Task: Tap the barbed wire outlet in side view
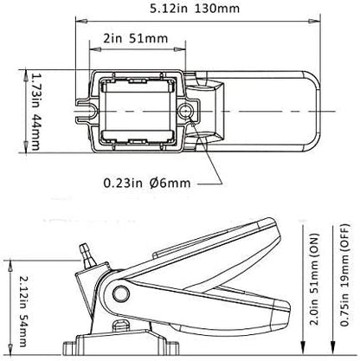point(85,251)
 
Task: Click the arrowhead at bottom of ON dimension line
point(297,329)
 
